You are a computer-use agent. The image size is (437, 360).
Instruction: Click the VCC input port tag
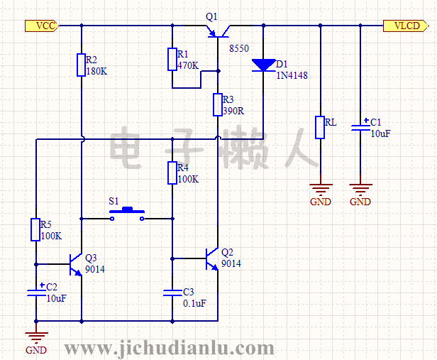click(40, 26)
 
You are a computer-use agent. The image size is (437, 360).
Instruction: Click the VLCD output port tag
click(406, 26)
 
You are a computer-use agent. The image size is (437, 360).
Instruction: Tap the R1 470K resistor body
click(172, 60)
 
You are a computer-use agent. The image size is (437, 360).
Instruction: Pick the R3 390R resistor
click(218, 105)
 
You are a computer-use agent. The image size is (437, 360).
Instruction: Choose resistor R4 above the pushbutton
click(172, 173)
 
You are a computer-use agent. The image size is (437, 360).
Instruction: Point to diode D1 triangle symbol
click(263, 65)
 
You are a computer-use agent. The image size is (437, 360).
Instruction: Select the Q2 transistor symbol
click(211, 258)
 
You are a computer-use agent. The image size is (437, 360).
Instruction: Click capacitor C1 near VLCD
click(360, 128)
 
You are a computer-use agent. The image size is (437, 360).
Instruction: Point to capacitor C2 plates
click(35, 291)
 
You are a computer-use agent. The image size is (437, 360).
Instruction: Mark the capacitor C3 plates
click(172, 291)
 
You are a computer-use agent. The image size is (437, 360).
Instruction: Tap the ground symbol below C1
click(360, 188)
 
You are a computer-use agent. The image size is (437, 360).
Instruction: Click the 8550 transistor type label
click(239, 48)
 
